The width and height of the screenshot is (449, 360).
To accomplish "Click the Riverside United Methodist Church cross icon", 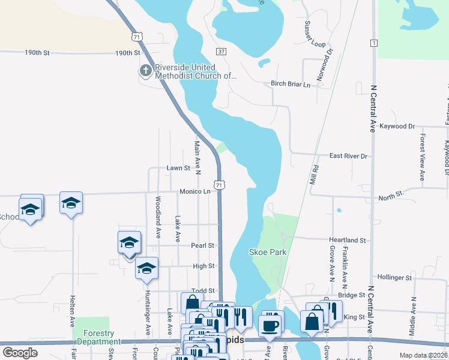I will click(x=145, y=71).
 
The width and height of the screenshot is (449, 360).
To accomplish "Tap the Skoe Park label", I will click(x=268, y=253).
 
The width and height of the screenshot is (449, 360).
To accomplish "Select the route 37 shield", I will click(x=221, y=52).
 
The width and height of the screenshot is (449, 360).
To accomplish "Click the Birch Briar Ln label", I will click(x=291, y=85).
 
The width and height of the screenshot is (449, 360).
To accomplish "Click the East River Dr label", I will click(x=348, y=156).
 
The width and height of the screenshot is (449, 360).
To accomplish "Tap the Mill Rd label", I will click(x=313, y=173).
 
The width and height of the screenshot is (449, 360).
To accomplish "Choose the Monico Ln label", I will click(x=194, y=191).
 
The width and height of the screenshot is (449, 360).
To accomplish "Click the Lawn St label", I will click(x=178, y=169).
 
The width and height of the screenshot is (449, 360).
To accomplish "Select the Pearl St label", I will click(x=203, y=245).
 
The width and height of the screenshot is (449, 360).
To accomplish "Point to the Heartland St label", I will click(x=348, y=240).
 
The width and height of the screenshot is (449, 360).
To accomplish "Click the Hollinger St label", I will click(x=394, y=278).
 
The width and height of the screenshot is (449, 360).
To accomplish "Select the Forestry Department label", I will click(x=99, y=337).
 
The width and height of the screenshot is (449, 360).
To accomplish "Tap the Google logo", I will click(x=20, y=353).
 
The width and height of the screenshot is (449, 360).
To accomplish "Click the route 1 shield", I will click(x=374, y=43).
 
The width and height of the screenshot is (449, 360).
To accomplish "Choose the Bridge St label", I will click(x=352, y=295).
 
